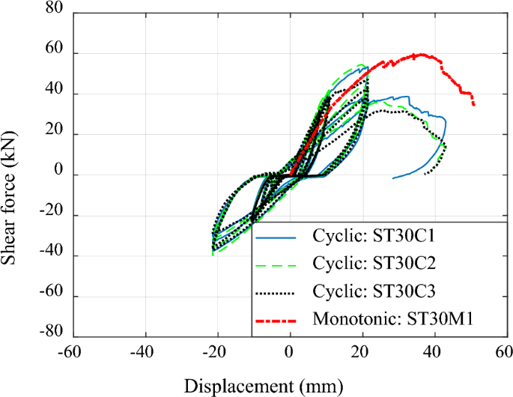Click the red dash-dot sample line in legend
coord(282,320)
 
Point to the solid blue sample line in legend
coord(282,239)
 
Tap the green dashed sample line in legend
coord(282,266)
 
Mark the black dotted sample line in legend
coord(282,293)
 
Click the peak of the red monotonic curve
coord(421,54)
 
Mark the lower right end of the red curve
coord(473,104)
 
